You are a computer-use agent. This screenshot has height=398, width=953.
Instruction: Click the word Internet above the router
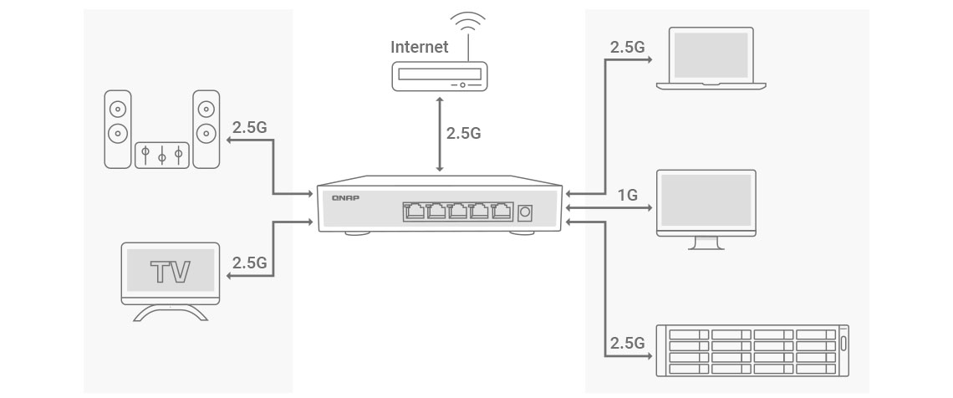pos(419,46)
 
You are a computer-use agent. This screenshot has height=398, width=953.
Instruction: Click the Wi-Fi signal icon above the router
pos(467,23)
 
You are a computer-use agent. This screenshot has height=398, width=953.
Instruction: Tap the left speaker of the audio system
pos(118,129)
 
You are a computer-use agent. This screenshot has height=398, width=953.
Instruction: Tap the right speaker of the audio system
pos(206,129)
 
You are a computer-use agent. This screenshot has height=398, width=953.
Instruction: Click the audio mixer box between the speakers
pos(162,155)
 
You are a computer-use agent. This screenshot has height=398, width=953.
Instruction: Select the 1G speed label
pos(627,196)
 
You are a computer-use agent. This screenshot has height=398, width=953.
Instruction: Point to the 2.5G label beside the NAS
pos(628,343)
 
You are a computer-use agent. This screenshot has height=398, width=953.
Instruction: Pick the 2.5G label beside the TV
pos(249,263)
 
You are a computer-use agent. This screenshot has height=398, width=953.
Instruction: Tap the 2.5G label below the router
pos(463,133)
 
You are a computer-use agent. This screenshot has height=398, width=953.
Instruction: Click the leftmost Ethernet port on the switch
pos(414,211)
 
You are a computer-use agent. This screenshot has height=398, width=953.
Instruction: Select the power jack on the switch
pos(525,212)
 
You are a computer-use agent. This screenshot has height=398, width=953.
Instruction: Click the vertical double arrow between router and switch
pos(438,134)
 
